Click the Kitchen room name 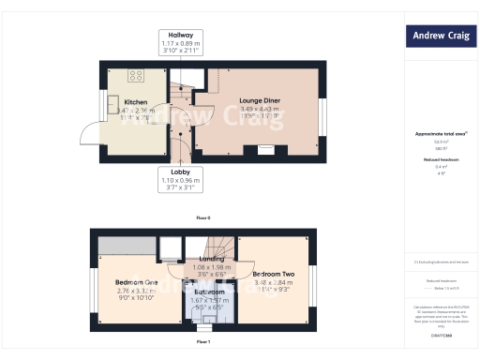136,101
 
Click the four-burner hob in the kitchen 136,76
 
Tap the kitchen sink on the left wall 112,103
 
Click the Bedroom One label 136,282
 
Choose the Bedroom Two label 274,275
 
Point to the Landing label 211,258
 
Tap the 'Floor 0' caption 203,217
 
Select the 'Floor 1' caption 203,342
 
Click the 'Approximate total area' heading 440,134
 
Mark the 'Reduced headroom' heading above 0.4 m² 440,159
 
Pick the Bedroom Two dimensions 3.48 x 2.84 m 274,283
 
